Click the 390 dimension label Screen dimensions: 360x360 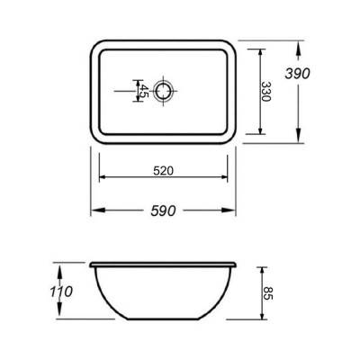point(297,74)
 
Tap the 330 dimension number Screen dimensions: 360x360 point(265,92)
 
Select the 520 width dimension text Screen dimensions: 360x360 point(164,171)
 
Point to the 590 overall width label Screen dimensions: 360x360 point(163,211)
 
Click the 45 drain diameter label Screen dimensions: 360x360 point(144,91)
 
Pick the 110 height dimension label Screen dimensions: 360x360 point(61,292)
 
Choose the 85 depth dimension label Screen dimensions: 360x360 point(268,293)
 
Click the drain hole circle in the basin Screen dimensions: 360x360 point(163,91)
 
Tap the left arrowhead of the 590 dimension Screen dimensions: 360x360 point(98,211)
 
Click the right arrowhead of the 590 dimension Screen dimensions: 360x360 point(229,211)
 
